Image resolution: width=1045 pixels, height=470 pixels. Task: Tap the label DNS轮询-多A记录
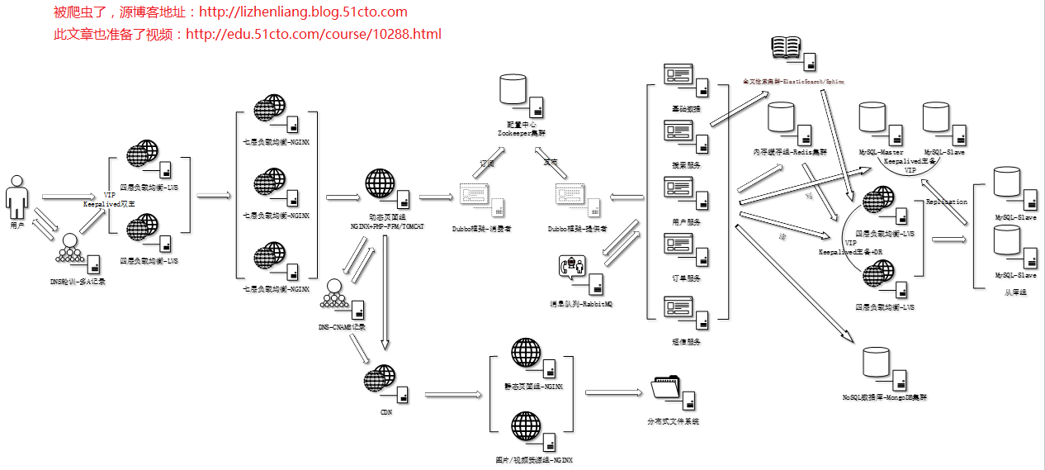click(78, 282)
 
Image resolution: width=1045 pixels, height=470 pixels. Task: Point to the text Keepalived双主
click(108, 203)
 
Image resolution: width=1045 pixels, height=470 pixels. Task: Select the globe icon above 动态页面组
click(380, 183)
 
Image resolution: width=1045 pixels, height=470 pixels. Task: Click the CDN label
click(385, 411)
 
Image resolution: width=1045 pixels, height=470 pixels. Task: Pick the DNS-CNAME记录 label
click(342, 327)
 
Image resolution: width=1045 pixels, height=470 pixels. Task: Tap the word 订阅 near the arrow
click(488, 164)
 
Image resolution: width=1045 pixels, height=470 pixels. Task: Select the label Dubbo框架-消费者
click(481, 229)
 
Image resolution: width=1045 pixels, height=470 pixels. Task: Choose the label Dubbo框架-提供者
click(578, 229)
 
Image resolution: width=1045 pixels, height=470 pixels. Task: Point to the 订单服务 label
click(686, 278)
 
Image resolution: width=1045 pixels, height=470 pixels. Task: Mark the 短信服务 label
click(686, 341)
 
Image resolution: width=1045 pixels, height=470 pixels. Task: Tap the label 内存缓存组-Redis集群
click(789, 152)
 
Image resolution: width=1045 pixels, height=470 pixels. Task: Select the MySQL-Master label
click(881, 153)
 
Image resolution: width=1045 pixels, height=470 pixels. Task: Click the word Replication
click(946, 202)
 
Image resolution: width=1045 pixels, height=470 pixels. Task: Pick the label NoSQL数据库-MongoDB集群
click(884, 397)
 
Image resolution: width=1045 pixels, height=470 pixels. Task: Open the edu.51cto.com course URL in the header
click(314, 35)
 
